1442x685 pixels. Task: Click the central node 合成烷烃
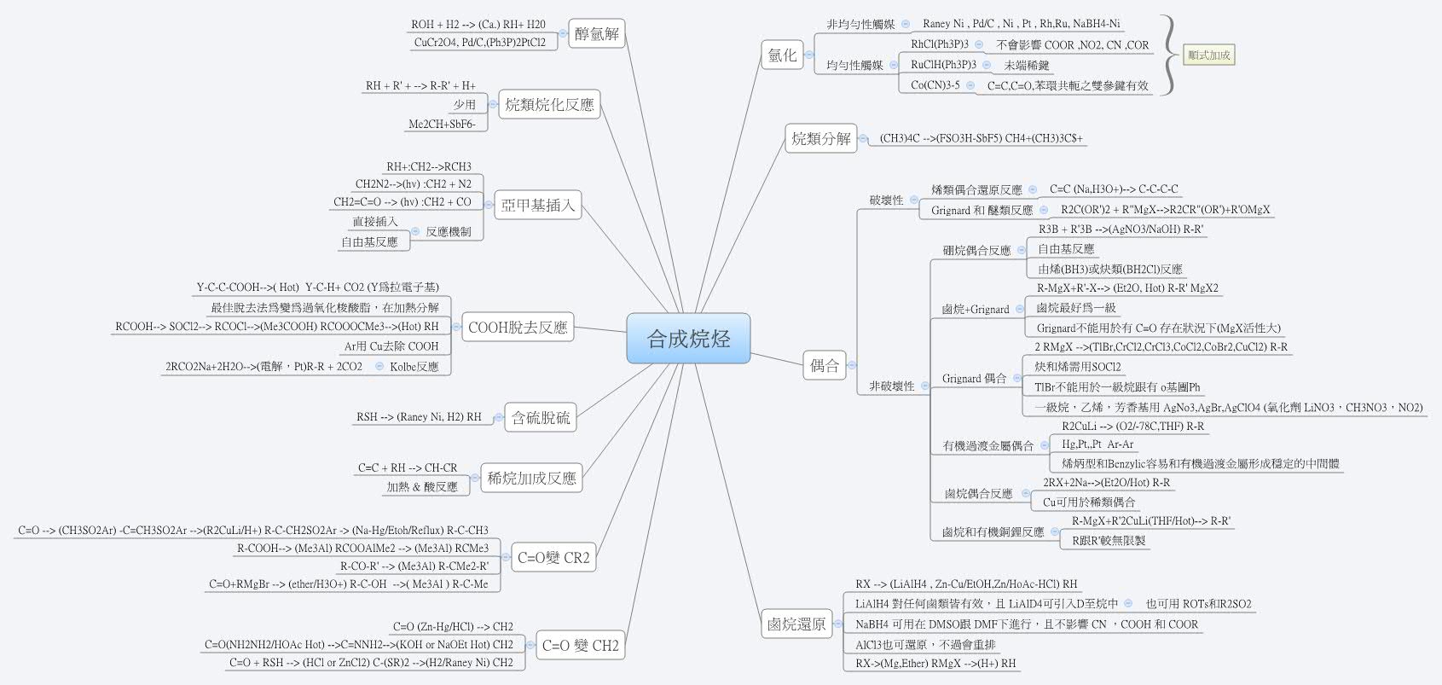[x=689, y=339]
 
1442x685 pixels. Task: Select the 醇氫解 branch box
[x=597, y=35]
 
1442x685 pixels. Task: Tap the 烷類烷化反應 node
[x=549, y=105]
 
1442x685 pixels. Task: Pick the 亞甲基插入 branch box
[x=537, y=205]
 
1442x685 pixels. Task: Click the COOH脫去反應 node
[x=518, y=328]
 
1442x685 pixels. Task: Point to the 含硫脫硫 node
[x=541, y=417]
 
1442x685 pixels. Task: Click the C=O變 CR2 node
[x=553, y=558]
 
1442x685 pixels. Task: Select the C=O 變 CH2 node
[x=580, y=645]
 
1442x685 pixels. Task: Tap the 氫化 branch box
[x=782, y=55]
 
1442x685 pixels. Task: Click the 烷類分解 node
[x=820, y=138]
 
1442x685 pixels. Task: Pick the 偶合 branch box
[x=825, y=366]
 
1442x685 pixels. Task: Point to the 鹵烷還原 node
[x=796, y=624]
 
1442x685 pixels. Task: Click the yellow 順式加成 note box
[x=1209, y=55]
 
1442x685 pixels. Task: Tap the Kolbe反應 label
[x=414, y=367]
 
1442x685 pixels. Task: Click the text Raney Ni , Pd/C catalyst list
[x=1021, y=25]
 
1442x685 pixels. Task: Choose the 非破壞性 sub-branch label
[x=891, y=386]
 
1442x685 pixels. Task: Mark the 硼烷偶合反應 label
[x=976, y=251]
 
